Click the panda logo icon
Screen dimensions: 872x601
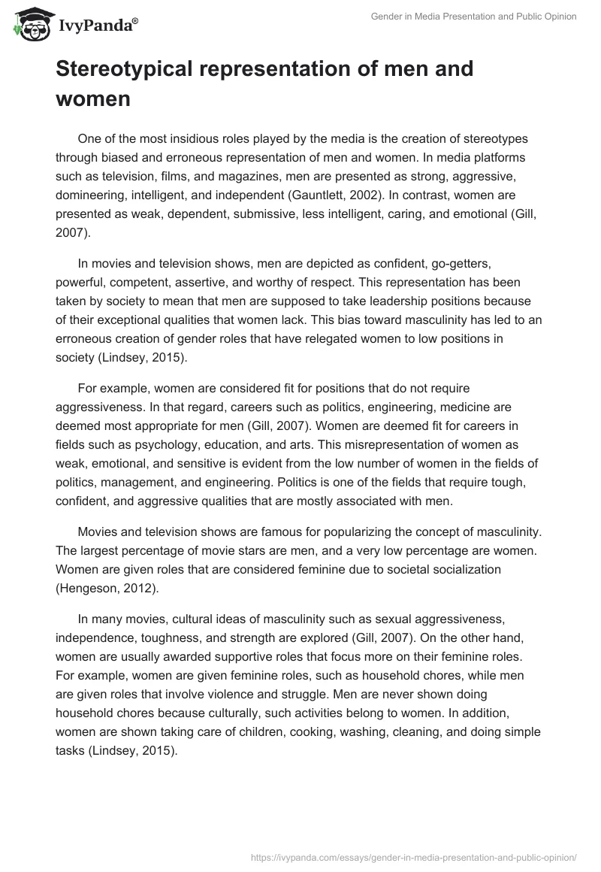point(31,25)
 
